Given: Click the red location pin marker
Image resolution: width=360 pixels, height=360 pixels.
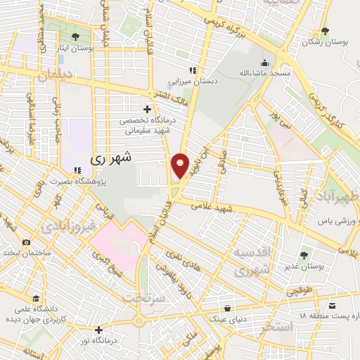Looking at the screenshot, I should [x=181, y=166].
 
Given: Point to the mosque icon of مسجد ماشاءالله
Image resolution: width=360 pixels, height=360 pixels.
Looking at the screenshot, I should [x=264, y=63].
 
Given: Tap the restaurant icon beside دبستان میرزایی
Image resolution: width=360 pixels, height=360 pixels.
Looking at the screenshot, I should [x=192, y=70].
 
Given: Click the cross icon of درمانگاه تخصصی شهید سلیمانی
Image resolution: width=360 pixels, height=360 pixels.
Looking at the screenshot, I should [x=147, y=109].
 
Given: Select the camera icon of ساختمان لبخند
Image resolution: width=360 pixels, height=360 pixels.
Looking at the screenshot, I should [x=26, y=243].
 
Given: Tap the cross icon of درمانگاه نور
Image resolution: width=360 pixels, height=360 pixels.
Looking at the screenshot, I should [x=99, y=329].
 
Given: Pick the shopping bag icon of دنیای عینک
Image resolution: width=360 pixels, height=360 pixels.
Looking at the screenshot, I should [x=227, y=308].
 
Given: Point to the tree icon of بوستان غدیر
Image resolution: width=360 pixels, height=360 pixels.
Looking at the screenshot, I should [x=304, y=255].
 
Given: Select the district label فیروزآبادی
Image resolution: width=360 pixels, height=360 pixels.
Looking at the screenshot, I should [x=65, y=228].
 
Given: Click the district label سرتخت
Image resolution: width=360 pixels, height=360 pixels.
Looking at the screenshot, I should [x=143, y=297].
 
